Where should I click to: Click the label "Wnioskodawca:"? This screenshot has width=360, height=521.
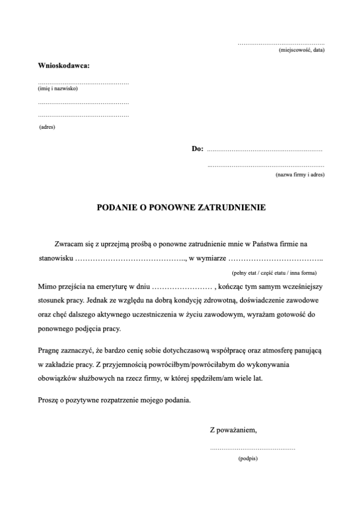(64, 66)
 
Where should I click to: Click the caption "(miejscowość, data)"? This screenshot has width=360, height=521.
(302, 50)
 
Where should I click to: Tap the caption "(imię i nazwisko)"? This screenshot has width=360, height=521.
(57, 89)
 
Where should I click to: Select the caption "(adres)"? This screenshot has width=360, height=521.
(47, 127)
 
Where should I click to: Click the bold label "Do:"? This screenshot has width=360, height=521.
(197, 149)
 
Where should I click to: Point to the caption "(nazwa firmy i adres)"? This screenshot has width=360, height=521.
(300, 175)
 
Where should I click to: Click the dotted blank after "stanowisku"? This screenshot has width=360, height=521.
(131, 259)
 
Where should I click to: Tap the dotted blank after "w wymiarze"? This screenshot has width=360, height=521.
(275, 259)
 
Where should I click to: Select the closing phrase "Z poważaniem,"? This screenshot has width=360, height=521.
(233, 430)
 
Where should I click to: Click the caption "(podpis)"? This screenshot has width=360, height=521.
(248, 459)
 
